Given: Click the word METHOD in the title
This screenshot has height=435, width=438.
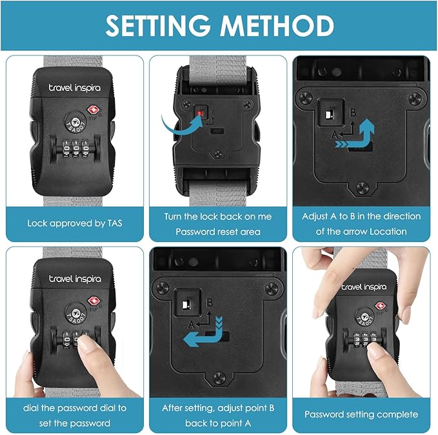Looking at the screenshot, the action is [x=277, y=25].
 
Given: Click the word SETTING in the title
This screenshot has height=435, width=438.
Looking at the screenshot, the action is [x=158, y=25].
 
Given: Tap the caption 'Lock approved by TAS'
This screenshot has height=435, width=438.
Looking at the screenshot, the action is [x=75, y=223].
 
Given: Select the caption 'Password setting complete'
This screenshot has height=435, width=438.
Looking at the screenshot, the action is [x=361, y=414].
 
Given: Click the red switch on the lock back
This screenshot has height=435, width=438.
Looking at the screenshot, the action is [x=200, y=113].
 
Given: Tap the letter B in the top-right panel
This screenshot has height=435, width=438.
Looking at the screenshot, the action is [x=353, y=112].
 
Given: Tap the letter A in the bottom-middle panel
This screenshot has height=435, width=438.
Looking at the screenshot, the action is [x=191, y=325].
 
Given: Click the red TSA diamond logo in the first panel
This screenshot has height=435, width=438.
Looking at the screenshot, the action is [x=94, y=110].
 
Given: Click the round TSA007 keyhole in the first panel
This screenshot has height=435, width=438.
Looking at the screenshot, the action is [x=75, y=123].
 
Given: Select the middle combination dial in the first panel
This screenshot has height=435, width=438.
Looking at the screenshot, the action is [x=75, y=148].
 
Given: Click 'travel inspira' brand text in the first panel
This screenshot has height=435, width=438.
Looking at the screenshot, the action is [x=75, y=88].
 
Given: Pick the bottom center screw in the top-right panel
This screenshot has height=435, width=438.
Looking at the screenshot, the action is [x=363, y=188].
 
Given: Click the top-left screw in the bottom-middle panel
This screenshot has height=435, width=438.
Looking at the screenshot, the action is [x=163, y=288].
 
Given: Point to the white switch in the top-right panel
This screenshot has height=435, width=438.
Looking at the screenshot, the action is [x=328, y=115].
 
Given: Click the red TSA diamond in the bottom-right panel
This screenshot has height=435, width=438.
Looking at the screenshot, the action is [x=380, y=306].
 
